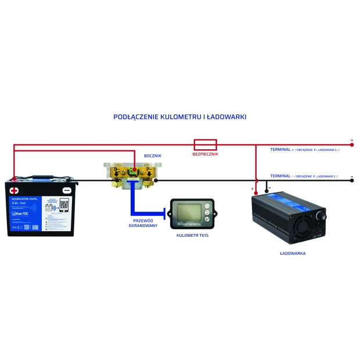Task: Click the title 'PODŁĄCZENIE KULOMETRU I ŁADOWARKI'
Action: [x=180, y=117]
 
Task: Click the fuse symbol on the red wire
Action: [x=205, y=144]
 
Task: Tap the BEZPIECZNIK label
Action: [x=204, y=154]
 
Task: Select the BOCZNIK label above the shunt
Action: [x=152, y=156]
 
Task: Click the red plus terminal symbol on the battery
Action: [x=15, y=190]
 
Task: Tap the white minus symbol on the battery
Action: [x=67, y=190]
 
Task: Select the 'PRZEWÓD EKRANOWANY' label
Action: [x=143, y=222]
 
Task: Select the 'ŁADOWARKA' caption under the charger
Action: [x=293, y=254]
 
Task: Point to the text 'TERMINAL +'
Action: [x=282, y=150]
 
